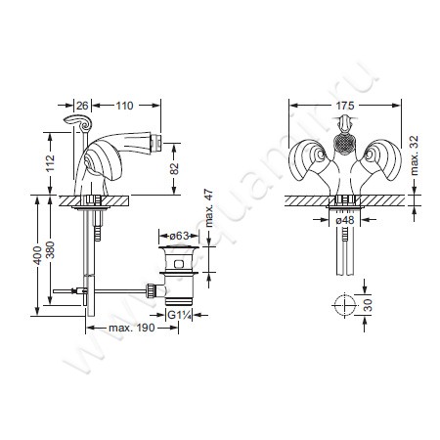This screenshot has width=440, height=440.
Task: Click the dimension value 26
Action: (x=82, y=106)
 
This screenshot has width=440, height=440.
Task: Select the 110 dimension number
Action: (x=124, y=106)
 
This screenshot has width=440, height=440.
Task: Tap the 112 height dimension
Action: (x=50, y=164)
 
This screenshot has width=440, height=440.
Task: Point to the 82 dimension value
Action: (x=175, y=168)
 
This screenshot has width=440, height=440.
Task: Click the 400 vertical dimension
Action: (x=38, y=255)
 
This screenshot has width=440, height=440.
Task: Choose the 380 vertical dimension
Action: (x=50, y=249)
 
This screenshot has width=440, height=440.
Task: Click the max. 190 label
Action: (x=132, y=328)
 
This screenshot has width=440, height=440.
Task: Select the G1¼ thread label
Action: (x=179, y=315)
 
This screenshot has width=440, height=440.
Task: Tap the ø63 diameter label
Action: (x=180, y=236)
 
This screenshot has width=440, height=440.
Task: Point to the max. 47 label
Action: (x=209, y=208)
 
